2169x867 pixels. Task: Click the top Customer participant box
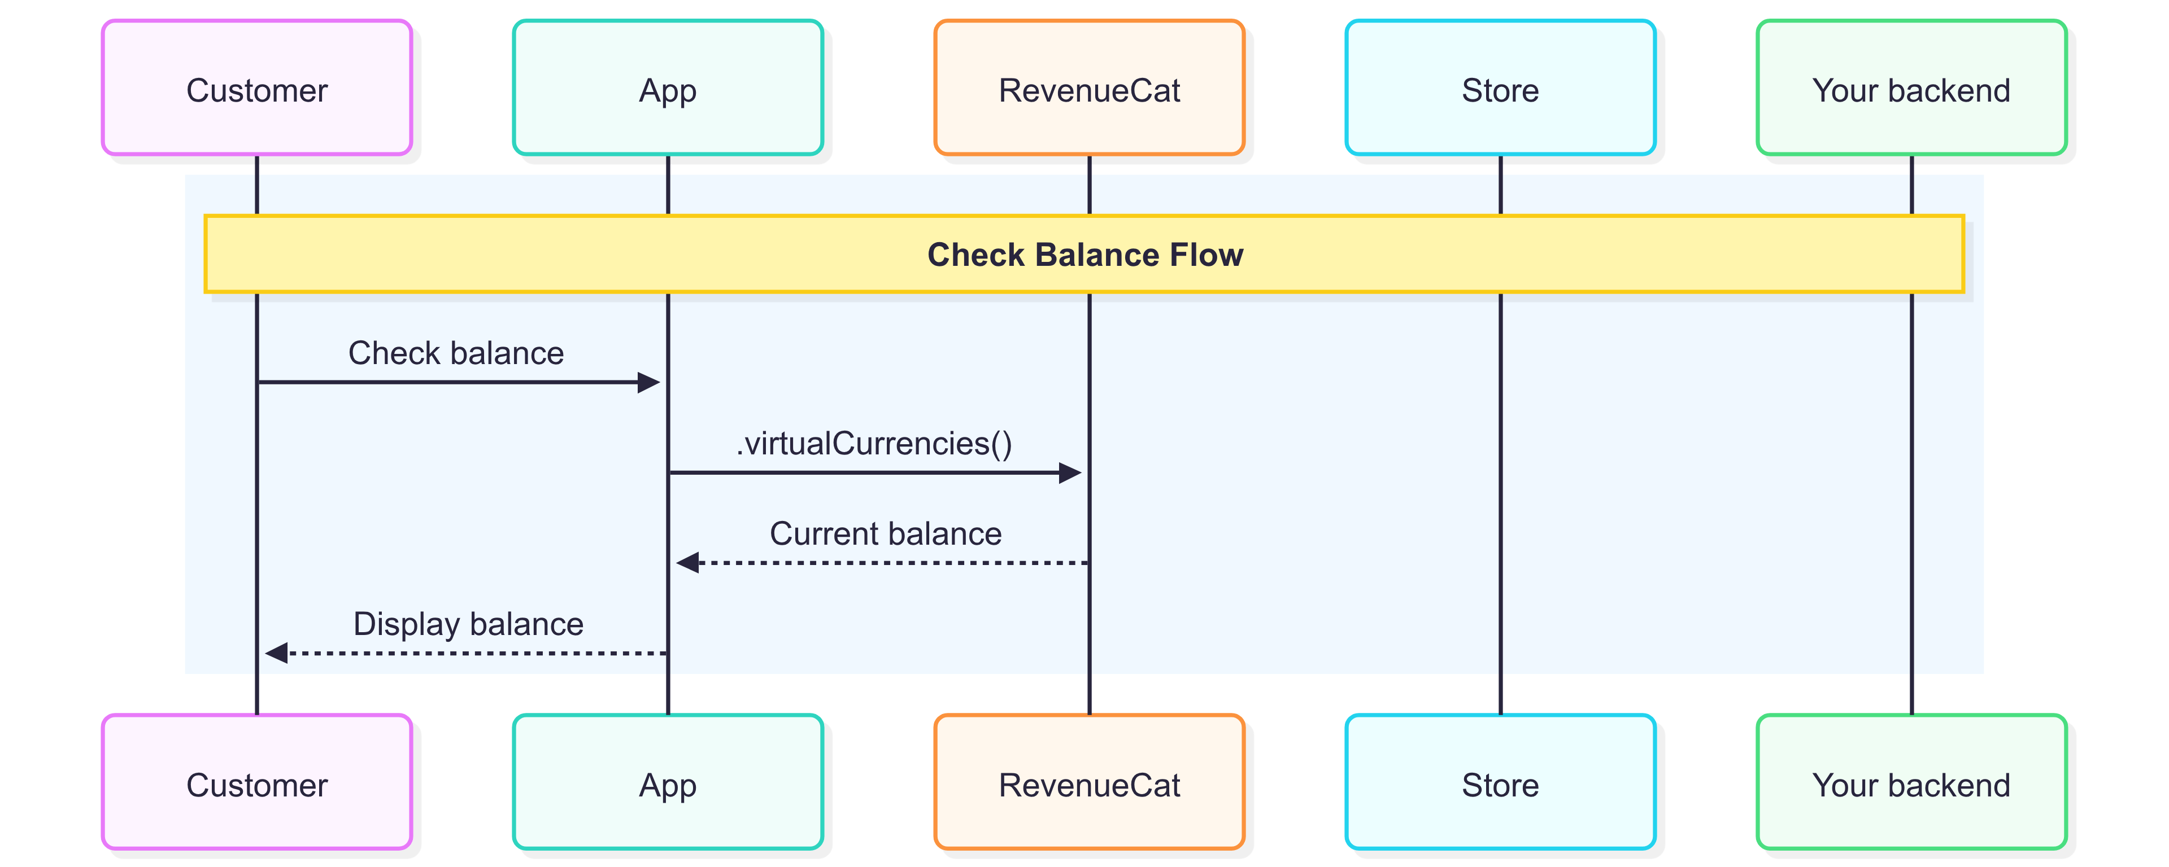pos(257,87)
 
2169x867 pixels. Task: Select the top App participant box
pos(668,87)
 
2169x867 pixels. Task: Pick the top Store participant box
pos(1500,87)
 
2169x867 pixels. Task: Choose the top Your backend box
pos(1911,87)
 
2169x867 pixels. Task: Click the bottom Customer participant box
pos(257,782)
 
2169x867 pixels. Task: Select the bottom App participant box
pos(668,782)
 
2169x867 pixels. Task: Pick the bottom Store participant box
pos(1500,782)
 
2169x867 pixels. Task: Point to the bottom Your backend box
pos(1911,782)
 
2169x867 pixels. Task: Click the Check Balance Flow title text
pos(1085,254)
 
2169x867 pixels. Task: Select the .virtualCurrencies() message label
pos(874,444)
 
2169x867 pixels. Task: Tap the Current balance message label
pos(886,533)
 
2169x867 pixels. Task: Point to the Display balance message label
pos(468,624)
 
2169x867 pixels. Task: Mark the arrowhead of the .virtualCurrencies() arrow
pos(1070,472)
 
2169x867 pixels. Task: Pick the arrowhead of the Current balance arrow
pos(687,562)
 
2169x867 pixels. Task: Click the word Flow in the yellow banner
pos(1206,254)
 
